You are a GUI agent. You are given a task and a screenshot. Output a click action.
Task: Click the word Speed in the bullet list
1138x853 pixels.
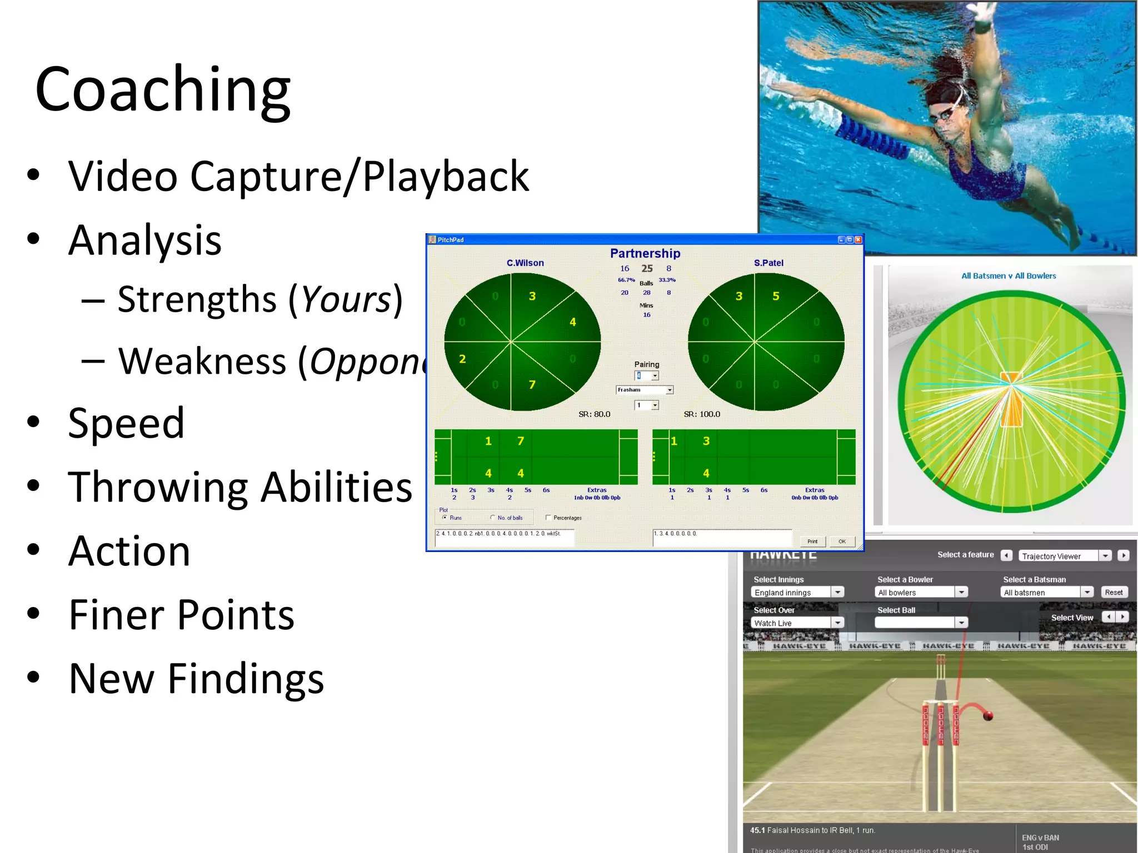[126, 423]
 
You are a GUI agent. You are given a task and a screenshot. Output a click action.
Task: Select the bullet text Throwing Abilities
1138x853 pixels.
[239, 487]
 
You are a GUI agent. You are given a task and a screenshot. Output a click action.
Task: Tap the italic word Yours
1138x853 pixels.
[347, 300]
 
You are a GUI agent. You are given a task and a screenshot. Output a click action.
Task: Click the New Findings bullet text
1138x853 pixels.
[196, 679]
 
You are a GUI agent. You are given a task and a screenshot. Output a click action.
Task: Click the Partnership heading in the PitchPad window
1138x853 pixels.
[645, 253]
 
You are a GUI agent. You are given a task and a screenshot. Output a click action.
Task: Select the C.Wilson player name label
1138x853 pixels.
[525, 263]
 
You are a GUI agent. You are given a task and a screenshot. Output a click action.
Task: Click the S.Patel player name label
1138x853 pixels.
[768, 263]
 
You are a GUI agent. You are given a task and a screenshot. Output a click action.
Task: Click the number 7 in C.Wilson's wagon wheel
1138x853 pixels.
[532, 384]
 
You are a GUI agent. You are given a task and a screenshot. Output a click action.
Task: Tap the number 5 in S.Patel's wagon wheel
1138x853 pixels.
[776, 296]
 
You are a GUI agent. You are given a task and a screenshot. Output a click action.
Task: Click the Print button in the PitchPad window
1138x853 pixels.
[812, 541]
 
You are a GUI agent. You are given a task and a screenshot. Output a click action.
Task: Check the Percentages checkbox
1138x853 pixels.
[548, 518]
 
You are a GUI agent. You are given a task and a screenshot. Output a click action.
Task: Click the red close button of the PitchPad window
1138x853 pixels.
[858, 239]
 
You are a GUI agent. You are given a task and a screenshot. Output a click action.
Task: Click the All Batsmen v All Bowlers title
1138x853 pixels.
[1008, 275]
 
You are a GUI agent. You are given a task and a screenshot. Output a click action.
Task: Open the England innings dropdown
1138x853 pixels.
[837, 593]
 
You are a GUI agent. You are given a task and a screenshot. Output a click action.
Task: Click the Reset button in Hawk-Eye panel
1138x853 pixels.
[1113, 593]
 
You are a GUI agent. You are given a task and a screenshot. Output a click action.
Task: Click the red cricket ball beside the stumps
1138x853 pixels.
[987, 716]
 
